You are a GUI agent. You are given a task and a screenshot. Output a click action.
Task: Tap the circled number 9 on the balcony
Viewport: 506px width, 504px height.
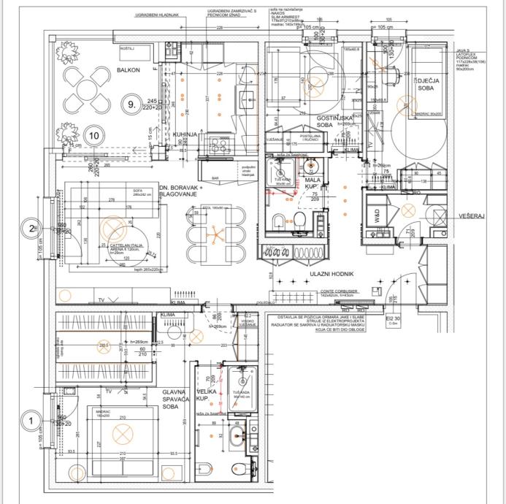coord(132,105)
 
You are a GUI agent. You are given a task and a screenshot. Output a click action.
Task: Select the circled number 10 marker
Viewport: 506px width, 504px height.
coord(94,135)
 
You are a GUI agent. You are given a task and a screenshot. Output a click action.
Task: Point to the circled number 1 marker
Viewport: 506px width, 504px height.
coord(31,421)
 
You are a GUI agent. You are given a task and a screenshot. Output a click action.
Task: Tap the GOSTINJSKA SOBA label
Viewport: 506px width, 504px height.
coord(335,121)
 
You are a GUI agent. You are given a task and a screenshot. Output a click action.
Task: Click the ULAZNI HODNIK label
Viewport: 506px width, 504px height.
coord(331,273)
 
